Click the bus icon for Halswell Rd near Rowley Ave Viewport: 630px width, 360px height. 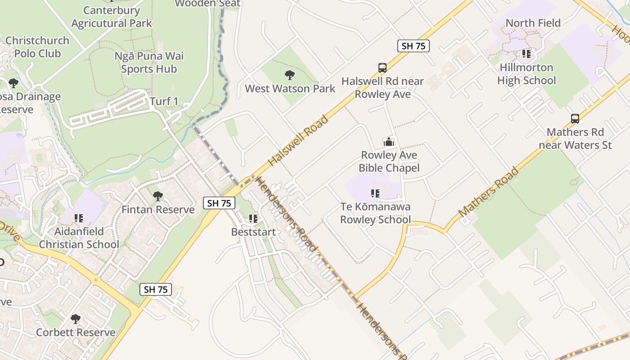pos(382,68)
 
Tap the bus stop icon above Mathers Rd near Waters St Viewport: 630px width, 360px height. pos(575,119)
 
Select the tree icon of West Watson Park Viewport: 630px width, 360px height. pos(289,75)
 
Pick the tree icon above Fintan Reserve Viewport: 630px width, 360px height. pos(157,196)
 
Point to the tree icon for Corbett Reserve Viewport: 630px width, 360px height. pos(76,319)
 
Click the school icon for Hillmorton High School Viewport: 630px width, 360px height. pos(526,54)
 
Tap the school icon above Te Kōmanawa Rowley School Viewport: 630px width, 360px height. pos(375,193)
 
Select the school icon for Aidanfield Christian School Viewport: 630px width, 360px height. pos(79,218)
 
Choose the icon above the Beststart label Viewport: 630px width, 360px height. pos(253,219)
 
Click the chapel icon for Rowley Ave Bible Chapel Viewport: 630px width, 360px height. pos(388,142)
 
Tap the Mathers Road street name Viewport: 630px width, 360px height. pos(489,192)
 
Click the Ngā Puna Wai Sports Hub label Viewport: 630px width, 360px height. pos(149,63)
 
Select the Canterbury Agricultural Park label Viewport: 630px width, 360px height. pos(112,17)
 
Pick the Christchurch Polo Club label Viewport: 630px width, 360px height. pos(37,47)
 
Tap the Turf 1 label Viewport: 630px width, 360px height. pos(164,101)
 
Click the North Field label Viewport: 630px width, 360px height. pos(533,23)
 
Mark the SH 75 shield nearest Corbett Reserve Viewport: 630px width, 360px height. pos(156,289)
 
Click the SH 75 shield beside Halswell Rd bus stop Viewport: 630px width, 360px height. pos(413,45)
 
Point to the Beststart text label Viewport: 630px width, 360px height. pos(253,232)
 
